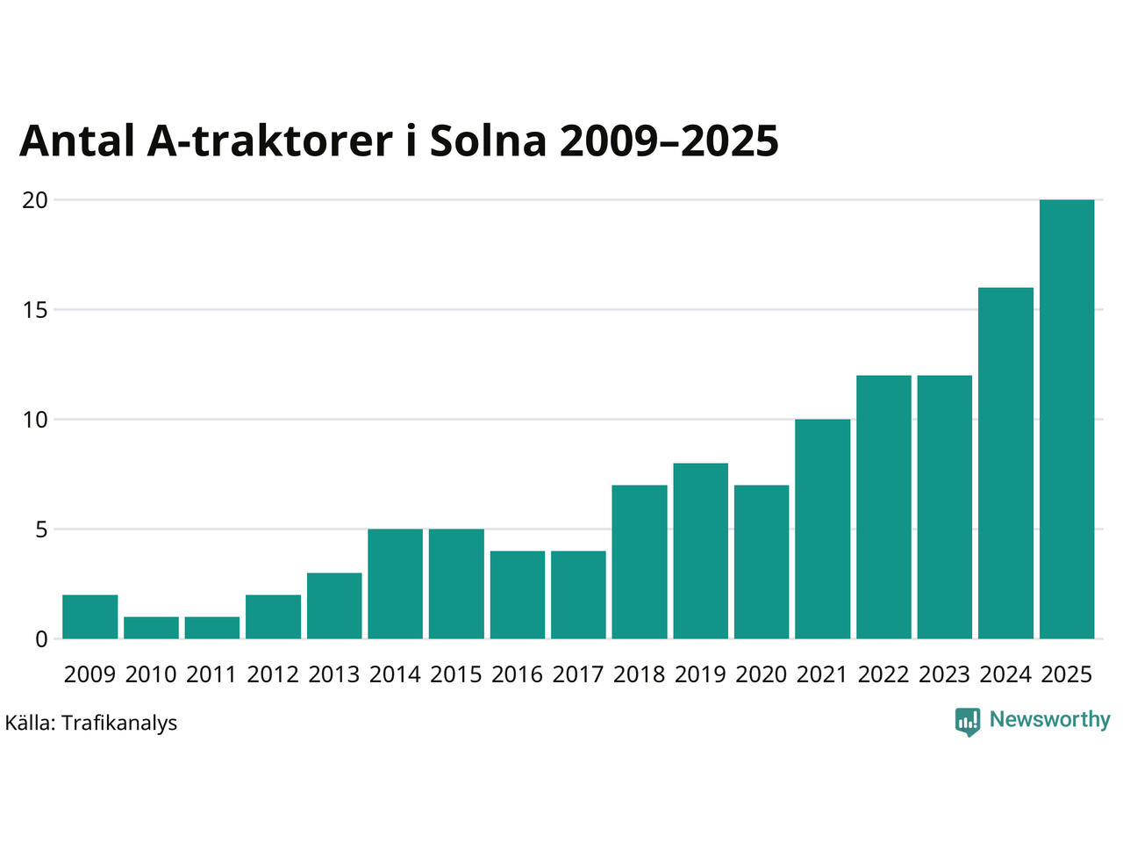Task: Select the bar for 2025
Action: coord(1067,420)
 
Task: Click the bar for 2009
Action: coord(90,616)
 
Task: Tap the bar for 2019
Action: coord(701,551)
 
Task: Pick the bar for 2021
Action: coord(823,529)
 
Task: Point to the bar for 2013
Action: coord(334,606)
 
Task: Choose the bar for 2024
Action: coord(1005,463)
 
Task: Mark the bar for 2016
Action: coord(518,594)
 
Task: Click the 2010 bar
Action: coord(151,628)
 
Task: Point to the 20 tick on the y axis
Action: coord(35,200)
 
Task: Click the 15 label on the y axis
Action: coord(35,310)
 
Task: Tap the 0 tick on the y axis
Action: coord(41,639)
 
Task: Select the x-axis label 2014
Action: coord(395,674)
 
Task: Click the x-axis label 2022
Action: coord(883,674)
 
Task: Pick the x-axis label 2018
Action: coord(640,674)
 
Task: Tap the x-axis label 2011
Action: coord(211,674)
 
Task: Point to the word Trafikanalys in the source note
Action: coord(119,724)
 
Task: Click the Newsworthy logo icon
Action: coord(968,722)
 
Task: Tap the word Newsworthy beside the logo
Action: coord(1050,720)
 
